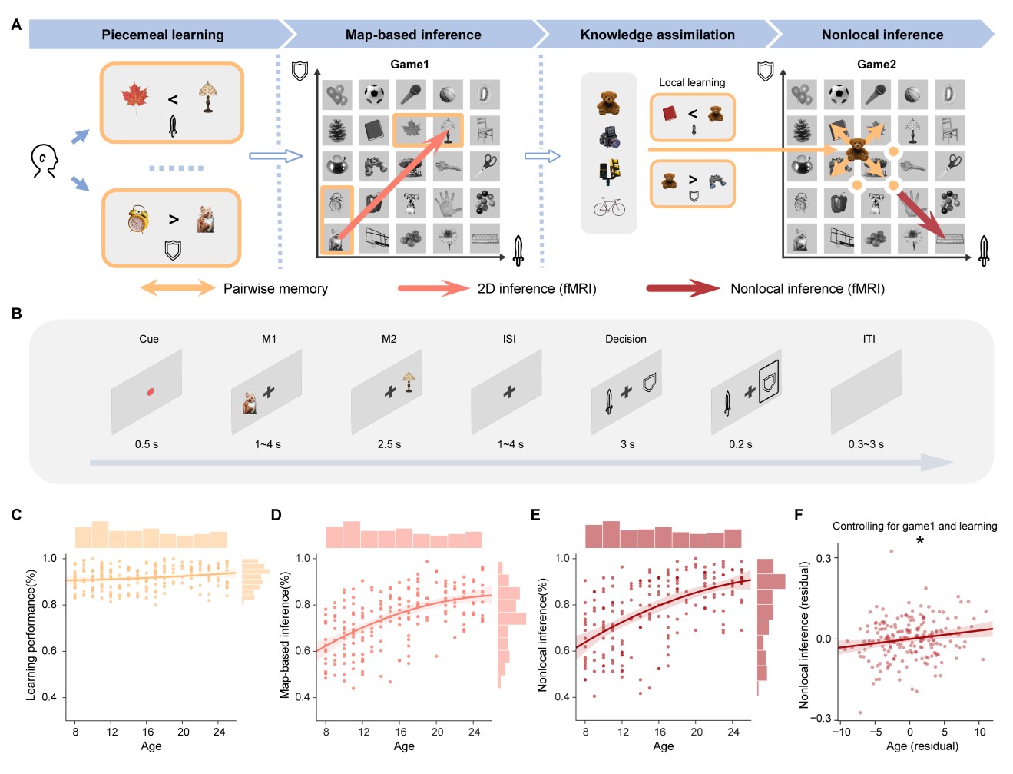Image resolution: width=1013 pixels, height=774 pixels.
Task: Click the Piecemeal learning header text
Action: [x=163, y=35]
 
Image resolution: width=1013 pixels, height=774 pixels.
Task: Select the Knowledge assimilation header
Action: [x=657, y=35]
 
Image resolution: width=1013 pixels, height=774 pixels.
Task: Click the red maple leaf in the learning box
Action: [x=135, y=98]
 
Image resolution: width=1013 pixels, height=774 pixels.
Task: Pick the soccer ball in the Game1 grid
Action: [x=374, y=95]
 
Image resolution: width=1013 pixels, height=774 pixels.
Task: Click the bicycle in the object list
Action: [x=609, y=208]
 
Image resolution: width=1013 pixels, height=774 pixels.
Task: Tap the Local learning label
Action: [x=692, y=82]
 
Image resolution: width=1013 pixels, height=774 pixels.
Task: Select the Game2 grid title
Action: [x=876, y=65]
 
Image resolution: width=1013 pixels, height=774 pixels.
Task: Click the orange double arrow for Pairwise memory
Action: [x=177, y=288]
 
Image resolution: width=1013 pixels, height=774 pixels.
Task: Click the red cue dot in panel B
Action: [x=151, y=392]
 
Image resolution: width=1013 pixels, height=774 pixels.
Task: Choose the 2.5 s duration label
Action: [x=389, y=444]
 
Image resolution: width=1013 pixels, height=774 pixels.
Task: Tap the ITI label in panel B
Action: [x=869, y=339]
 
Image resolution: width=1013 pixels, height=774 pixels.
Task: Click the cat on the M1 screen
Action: [x=250, y=404]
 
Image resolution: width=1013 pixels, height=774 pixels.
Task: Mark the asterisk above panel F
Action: [x=920, y=541]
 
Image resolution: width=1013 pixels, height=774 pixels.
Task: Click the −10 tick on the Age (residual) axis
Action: [x=842, y=732]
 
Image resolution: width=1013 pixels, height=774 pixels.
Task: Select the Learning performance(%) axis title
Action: [x=31, y=635]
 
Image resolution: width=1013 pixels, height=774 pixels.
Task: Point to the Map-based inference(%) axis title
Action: [x=285, y=635]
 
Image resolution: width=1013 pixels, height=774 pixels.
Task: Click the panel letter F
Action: [x=799, y=514]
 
